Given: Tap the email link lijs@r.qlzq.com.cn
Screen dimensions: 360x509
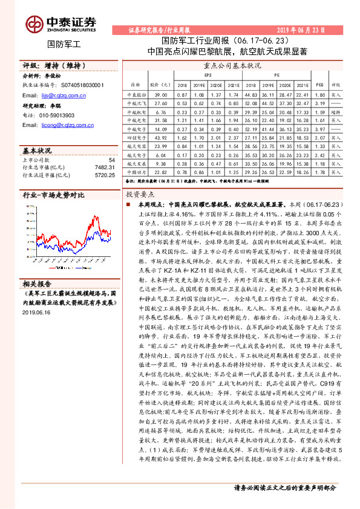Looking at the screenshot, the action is click(61, 96).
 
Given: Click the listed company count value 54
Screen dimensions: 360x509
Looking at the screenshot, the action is click(111, 159).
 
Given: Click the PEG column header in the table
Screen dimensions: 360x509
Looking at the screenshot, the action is click(320, 85).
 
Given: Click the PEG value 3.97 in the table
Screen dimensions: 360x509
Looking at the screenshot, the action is click(320, 129).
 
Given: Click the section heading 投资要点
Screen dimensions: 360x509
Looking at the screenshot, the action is click(140, 195).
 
